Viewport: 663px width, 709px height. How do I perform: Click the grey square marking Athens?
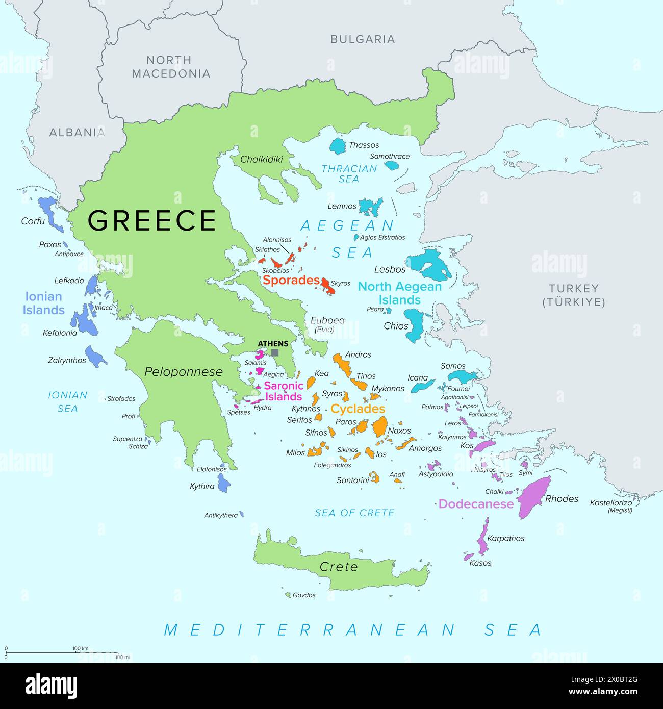275,352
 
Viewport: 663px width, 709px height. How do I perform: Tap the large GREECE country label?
152,220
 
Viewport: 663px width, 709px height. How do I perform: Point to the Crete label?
339,567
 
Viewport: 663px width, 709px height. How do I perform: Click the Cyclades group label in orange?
358,409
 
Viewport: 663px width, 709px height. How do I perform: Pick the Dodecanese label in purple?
476,504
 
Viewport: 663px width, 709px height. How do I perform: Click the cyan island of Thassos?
338,146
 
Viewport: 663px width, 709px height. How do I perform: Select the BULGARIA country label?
363,39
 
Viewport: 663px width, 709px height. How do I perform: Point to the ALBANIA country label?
77,133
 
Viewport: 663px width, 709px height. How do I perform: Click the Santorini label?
352,480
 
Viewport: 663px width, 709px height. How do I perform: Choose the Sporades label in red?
291,280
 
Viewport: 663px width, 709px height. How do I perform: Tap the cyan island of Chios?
415,325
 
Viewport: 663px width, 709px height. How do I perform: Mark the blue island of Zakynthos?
94,356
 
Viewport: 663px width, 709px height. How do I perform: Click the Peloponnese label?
184,372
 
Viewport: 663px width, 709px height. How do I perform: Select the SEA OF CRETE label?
354,513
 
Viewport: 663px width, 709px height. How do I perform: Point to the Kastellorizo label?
610,502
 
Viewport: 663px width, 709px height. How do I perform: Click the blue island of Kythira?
223,483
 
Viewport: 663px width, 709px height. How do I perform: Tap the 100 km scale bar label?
81,648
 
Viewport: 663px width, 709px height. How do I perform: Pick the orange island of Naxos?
380,426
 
